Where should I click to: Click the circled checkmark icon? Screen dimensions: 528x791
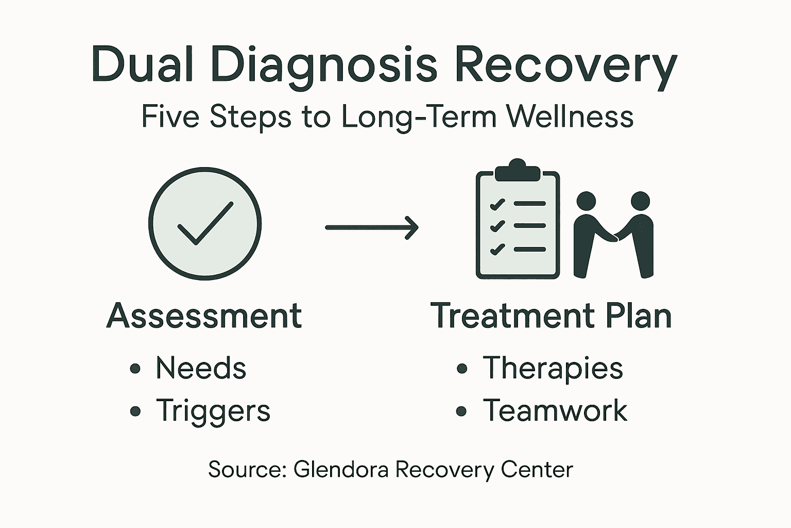pyautogui.click(x=205, y=224)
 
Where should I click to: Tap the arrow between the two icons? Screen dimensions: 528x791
pyautogui.click(x=371, y=227)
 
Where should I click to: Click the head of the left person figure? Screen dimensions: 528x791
pyautogui.click(x=586, y=201)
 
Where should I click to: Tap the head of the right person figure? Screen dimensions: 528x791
pyautogui.click(x=640, y=201)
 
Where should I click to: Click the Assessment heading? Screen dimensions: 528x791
pyautogui.click(x=204, y=316)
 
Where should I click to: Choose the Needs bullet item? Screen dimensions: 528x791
pyautogui.click(x=201, y=368)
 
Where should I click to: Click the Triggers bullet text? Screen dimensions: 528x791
pyautogui.click(x=213, y=411)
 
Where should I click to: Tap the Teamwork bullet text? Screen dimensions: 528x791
pyautogui.click(x=555, y=410)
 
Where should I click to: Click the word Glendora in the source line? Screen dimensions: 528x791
pyautogui.click(x=340, y=470)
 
